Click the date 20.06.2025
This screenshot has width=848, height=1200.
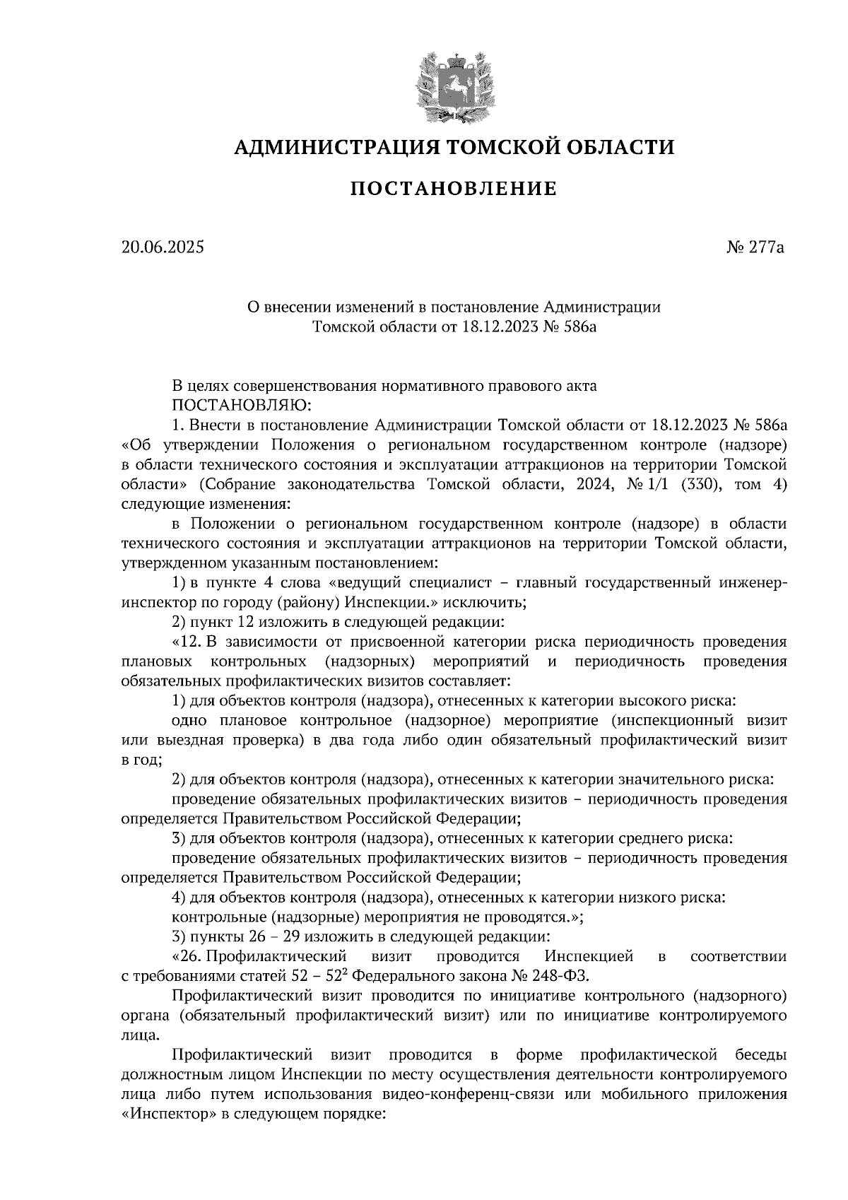click(162, 247)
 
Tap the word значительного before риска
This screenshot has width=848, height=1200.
click(674, 780)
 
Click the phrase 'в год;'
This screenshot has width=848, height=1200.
click(142, 760)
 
